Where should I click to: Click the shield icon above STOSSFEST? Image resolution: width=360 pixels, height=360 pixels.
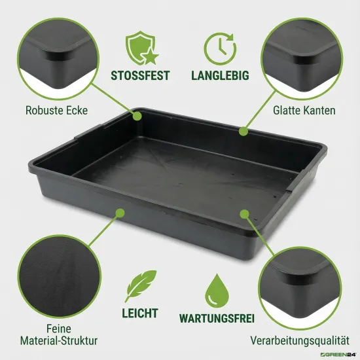(x=139, y=46)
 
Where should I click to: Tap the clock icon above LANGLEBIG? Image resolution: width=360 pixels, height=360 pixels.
(x=220, y=46)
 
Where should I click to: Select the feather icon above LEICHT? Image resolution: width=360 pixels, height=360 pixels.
(x=140, y=287)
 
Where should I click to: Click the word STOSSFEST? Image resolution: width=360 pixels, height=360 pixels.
(x=139, y=75)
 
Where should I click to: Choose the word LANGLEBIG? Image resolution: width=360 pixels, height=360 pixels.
(x=220, y=75)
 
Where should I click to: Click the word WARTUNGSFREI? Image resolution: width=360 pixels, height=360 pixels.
(x=217, y=320)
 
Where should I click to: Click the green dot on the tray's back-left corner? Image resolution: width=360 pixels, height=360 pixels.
(x=137, y=115)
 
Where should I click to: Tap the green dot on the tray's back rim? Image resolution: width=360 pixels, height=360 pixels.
(x=243, y=131)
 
